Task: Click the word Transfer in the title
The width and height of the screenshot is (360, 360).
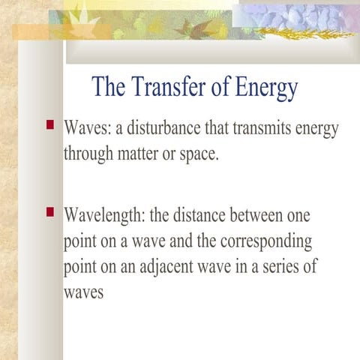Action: click(164, 88)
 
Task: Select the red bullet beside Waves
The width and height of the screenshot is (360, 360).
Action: click(50, 124)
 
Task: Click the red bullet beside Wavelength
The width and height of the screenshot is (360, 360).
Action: click(50, 212)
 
